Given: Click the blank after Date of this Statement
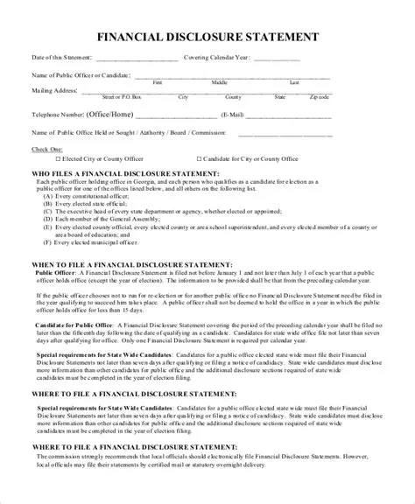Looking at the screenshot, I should [x=141, y=60].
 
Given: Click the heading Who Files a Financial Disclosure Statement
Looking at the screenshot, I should [x=125, y=175].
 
